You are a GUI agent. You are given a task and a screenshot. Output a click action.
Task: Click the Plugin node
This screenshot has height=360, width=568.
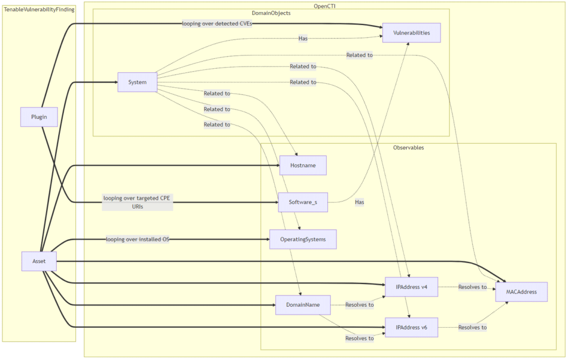point(39,117)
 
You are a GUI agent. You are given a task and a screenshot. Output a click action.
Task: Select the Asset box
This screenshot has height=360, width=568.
point(39,261)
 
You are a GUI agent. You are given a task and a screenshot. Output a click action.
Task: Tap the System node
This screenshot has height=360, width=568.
point(138,82)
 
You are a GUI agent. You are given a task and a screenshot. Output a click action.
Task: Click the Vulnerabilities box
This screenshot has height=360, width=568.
point(411,33)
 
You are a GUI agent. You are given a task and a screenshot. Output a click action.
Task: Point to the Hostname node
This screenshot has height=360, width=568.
point(302,165)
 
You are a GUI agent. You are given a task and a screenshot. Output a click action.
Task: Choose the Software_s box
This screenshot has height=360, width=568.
point(303,202)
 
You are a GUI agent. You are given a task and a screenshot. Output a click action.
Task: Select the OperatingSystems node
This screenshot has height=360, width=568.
point(303,239)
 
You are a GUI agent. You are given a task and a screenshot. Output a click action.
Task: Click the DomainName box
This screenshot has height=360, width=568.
point(303,305)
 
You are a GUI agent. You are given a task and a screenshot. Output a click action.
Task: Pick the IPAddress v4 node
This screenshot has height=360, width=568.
point(412,287)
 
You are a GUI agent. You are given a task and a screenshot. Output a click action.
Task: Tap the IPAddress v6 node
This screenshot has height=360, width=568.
point(412,327)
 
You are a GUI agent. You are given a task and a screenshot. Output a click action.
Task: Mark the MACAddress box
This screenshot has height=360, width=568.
point(521,292)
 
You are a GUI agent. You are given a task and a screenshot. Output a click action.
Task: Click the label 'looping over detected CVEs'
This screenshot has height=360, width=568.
point(217,24)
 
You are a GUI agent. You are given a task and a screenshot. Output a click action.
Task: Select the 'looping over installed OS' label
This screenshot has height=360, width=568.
point(138,239)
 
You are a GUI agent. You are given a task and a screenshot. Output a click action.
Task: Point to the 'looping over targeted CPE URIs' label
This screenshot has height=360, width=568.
point(138,202)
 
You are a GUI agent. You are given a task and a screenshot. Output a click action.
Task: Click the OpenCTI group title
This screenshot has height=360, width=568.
point(324,6)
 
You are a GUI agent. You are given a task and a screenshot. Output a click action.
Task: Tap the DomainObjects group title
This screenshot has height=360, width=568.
point(271,13)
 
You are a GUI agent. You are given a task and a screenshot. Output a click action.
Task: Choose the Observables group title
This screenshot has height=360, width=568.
point(408,148)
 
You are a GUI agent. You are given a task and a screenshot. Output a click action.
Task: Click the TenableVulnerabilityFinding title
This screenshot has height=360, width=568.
point(39,9)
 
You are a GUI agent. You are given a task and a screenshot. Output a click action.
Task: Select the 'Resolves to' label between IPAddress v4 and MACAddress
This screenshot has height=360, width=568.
point(472,287)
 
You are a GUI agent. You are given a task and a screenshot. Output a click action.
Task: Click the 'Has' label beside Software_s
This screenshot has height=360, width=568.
point(359,202)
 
